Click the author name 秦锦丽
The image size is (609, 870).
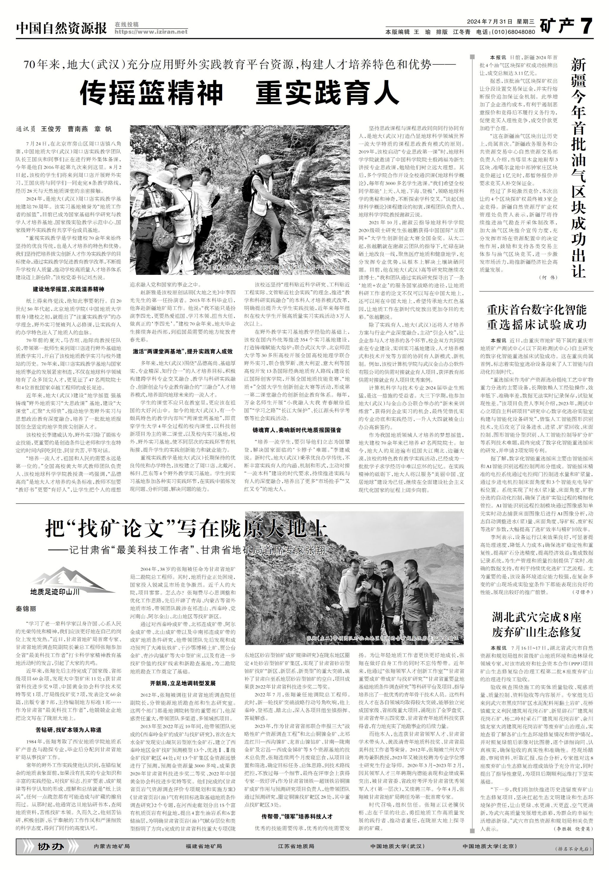[26, 609]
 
